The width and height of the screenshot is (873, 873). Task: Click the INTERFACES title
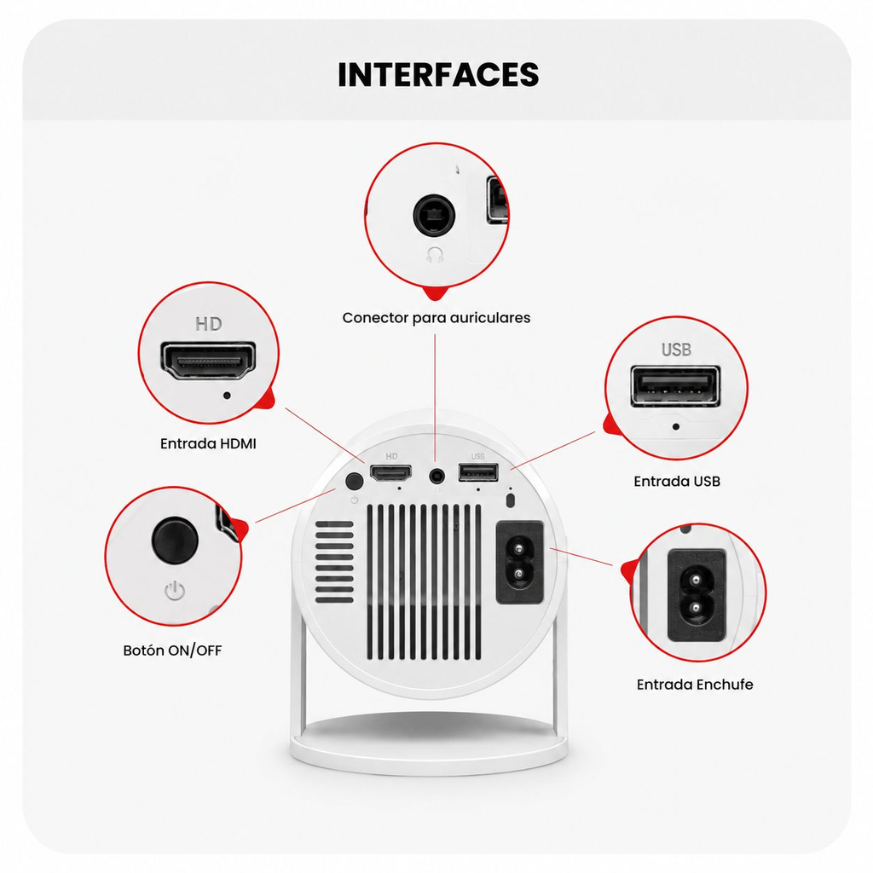pyautogui.click(x=438, y=75)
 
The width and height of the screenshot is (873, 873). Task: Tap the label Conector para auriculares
pyautogui.click(x=436, y=318)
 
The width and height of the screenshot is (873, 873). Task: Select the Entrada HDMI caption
pyautogui.click(x=208, y=443)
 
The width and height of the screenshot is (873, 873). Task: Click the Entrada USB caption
pyautogui.click(x=677, y=481)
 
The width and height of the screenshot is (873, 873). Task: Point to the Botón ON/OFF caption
pyautogui.click(x=172, y=650)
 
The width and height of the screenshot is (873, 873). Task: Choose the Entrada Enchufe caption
pyautogui.click(x=695, y=685)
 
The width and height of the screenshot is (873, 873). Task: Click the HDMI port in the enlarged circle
pyautogui.click(x=209, y=361)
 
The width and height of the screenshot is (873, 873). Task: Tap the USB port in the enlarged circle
pyautogui.click(x=675, y=386)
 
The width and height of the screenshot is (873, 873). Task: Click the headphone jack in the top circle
pyautogui.click(x=434, y=215)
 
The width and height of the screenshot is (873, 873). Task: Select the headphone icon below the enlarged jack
pyautogui.click(x=435, y=256)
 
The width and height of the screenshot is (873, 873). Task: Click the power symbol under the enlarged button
pyautogui.click(x=175, y=591)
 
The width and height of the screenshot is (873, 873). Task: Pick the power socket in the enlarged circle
pyautogui.click(x=697, y=595)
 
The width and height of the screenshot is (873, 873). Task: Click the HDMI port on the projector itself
pyautogui.click(x=391, y=473)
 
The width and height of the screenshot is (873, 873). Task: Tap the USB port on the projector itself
pyautogui.click(x=478, y=472)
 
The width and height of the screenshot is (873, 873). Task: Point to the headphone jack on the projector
pyautogui.click(x=437, y=476)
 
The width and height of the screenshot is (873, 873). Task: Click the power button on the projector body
pyautogui.click(x=354, y=481)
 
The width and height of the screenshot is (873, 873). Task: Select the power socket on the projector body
pyautogui.click(x=519, y=563)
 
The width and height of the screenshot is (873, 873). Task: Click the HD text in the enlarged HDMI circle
pyautogui.click(x=209, y=324)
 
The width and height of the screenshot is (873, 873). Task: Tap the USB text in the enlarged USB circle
pyautogui.click(x=676, y=350)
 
